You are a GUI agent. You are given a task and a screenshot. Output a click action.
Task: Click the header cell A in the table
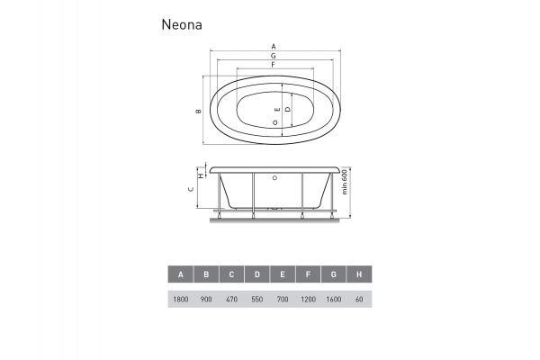[181, 274]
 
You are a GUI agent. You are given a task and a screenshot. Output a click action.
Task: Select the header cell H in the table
[359, 274]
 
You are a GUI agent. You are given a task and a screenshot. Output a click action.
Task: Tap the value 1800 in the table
[181, 298]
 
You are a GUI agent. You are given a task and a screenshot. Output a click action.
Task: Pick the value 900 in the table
[206, 298]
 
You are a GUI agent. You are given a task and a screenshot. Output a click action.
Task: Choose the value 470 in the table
[231, 298]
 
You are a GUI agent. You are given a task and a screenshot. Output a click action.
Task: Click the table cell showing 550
[257, 298]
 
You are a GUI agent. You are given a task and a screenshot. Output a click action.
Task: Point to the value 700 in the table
[283, 298]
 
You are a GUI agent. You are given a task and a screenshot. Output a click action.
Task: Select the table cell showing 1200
[308, 298]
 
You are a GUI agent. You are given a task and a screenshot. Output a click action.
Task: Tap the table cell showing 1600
[334, 298]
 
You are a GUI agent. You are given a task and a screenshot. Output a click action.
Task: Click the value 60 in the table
[359, 298]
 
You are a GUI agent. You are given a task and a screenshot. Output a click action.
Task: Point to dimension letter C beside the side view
[190, 190]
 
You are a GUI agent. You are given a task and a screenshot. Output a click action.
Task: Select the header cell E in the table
[283, 274]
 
